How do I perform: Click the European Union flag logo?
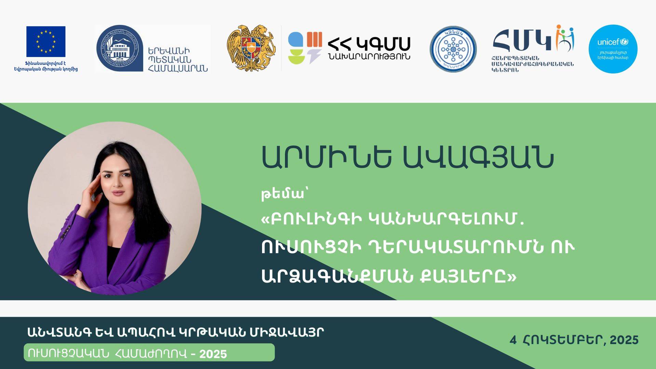[x=46, y=41]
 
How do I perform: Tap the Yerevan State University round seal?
[x=120, y=48]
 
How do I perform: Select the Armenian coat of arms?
[x=251, y=48]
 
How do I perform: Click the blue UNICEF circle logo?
[x=613, y=49]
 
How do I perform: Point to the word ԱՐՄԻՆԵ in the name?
[x=326, y=158]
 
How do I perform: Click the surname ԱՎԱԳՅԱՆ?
[x=478, y=158]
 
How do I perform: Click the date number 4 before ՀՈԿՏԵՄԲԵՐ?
[x=513, y=340]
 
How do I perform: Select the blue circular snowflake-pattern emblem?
[x=453, y=49]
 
